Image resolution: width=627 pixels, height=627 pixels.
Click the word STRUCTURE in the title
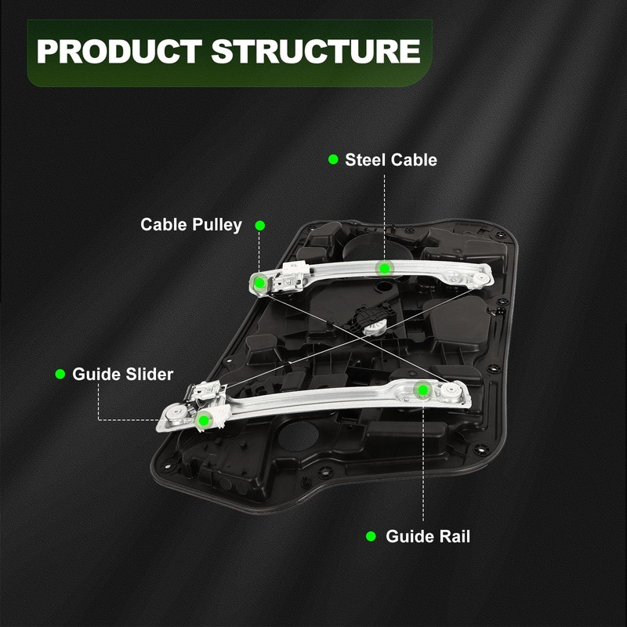[x=316, y=52]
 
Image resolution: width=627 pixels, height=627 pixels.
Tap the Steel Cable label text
[x=391, y=160]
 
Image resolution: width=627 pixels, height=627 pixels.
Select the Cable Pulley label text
[x=191, y=225]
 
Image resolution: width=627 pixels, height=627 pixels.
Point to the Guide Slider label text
[x=122, y=374]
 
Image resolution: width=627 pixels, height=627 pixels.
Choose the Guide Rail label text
[x=428, y=537]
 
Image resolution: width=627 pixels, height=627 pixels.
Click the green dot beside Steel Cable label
[x=333, y=160]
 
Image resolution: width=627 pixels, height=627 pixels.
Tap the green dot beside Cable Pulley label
[x=260, y=225]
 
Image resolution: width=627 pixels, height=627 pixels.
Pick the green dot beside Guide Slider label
[x=60, y=374]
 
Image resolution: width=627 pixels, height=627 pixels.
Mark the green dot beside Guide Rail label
[x=371, y=537]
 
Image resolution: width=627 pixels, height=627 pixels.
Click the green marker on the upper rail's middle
[x=384, y=268]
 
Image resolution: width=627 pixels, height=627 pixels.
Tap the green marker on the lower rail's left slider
[x=204, y=420]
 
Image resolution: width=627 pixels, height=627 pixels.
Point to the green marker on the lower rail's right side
[x=422, y=389]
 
